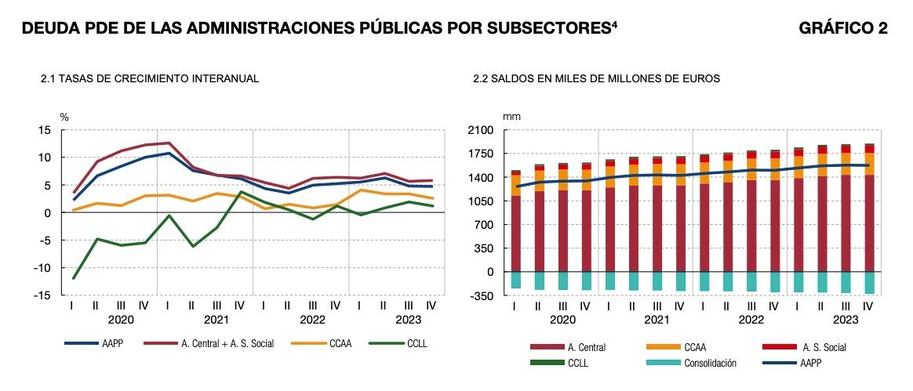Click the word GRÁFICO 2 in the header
(x=843, y=29)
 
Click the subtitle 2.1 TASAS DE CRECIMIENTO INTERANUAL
(x=149, y=79)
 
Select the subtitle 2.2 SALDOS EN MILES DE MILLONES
(x=596, y=79)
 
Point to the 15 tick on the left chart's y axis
(x=45, y=130)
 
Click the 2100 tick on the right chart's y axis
(x=478, y=130)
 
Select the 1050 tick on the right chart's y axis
(x=478, y=201)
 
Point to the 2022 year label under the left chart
(x=311, y=320)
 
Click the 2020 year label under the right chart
(x=562, y=320)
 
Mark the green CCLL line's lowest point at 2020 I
(x=73, y=278)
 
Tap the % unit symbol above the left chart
(x=64, y=117)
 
